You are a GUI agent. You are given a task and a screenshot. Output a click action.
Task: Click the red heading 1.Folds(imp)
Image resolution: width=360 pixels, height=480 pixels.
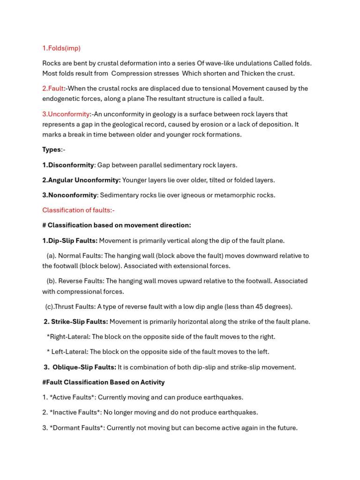tap(61, 48)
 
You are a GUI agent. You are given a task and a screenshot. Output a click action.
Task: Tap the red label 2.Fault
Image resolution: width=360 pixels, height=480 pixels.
tap(53, 89)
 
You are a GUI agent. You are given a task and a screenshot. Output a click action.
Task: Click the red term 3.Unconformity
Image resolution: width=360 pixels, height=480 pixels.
tap(66, 114)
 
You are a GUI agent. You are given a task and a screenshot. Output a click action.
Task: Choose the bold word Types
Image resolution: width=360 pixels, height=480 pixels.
tap(52, 150)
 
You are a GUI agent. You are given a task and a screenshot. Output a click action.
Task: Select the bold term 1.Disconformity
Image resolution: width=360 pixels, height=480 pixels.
tap(68, 165)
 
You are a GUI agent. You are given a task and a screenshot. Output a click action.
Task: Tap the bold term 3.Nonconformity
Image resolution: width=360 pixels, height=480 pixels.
tap(69, 195)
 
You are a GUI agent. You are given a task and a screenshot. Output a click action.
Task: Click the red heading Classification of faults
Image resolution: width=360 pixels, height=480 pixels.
tap(78, 210)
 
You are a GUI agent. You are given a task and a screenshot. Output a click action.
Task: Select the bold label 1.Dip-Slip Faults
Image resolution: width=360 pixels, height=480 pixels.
tap(70, 240)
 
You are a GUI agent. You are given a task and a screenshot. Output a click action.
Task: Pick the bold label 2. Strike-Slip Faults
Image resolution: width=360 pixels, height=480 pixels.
tap(75, 322)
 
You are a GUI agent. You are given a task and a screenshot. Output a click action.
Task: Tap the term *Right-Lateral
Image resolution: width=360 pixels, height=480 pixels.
tap(67, 337)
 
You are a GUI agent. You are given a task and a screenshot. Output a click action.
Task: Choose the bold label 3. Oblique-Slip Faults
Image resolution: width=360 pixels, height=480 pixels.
tap(80, 367)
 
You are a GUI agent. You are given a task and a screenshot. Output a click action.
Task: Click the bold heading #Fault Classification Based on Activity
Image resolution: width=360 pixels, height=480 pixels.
tap(104, 382)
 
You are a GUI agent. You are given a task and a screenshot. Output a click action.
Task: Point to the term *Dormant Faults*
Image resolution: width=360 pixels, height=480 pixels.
tap(76, 427)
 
